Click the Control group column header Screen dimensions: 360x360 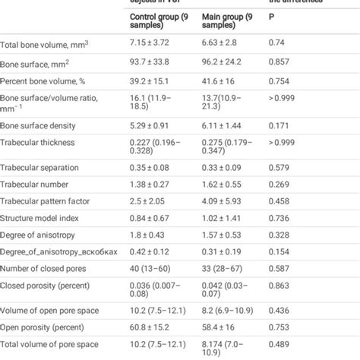tap(160, 20)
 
